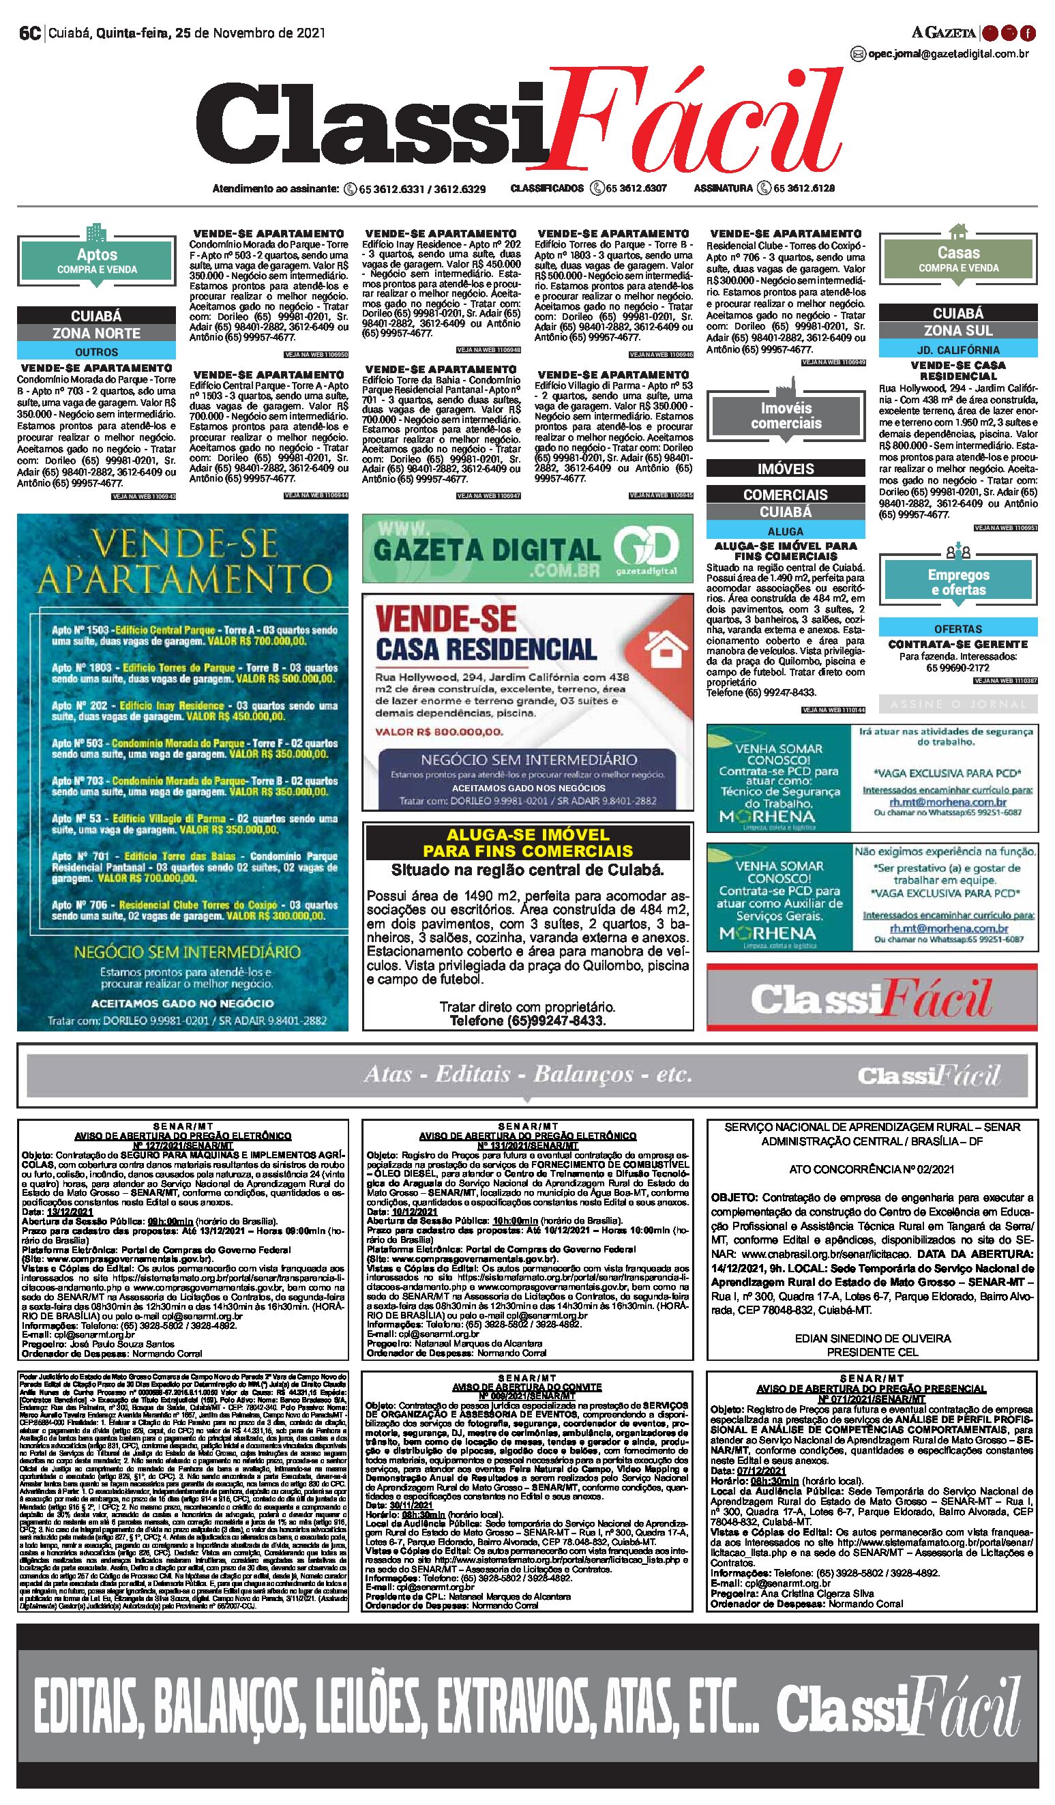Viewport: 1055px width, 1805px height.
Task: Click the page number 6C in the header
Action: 29,33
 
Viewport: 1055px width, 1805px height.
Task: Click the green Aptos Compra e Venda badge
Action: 97,261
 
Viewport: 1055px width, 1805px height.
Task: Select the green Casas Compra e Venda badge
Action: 957,259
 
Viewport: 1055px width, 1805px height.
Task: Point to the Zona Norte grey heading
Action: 96,333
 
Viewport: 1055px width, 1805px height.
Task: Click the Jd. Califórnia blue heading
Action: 957,350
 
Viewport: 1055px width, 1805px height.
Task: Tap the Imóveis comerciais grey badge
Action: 786,416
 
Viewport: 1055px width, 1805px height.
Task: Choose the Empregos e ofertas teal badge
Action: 957,583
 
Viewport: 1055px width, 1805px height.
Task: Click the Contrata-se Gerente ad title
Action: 957,645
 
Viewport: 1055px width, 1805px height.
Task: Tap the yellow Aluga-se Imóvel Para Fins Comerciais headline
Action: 528,842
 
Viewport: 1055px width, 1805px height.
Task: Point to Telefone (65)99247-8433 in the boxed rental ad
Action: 528,1021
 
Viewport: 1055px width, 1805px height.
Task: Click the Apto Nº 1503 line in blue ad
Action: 194,635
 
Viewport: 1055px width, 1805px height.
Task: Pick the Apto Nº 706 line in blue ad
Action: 194,911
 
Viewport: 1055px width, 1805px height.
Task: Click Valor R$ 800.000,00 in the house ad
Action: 439,732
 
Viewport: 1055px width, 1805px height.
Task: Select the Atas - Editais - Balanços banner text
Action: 528,1074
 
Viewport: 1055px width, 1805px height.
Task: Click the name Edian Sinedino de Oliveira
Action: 872,1338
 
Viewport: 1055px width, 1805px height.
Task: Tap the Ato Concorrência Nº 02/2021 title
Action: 872,1170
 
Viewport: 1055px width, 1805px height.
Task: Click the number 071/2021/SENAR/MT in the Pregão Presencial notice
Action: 872,1399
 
